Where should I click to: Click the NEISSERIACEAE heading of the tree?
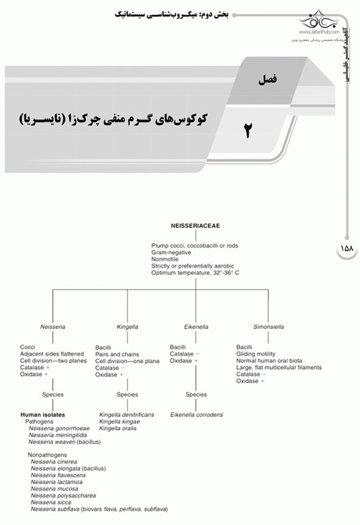tap(195, 224)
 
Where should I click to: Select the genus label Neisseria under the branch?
tap(53, 327)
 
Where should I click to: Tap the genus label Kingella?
tap(127, 327)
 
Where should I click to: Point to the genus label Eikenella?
tap(184, 327)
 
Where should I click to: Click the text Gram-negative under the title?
tap(171, 252)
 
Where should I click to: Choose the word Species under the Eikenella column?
tap(196, 394)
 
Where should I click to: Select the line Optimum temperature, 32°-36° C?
tap(195, 273)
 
